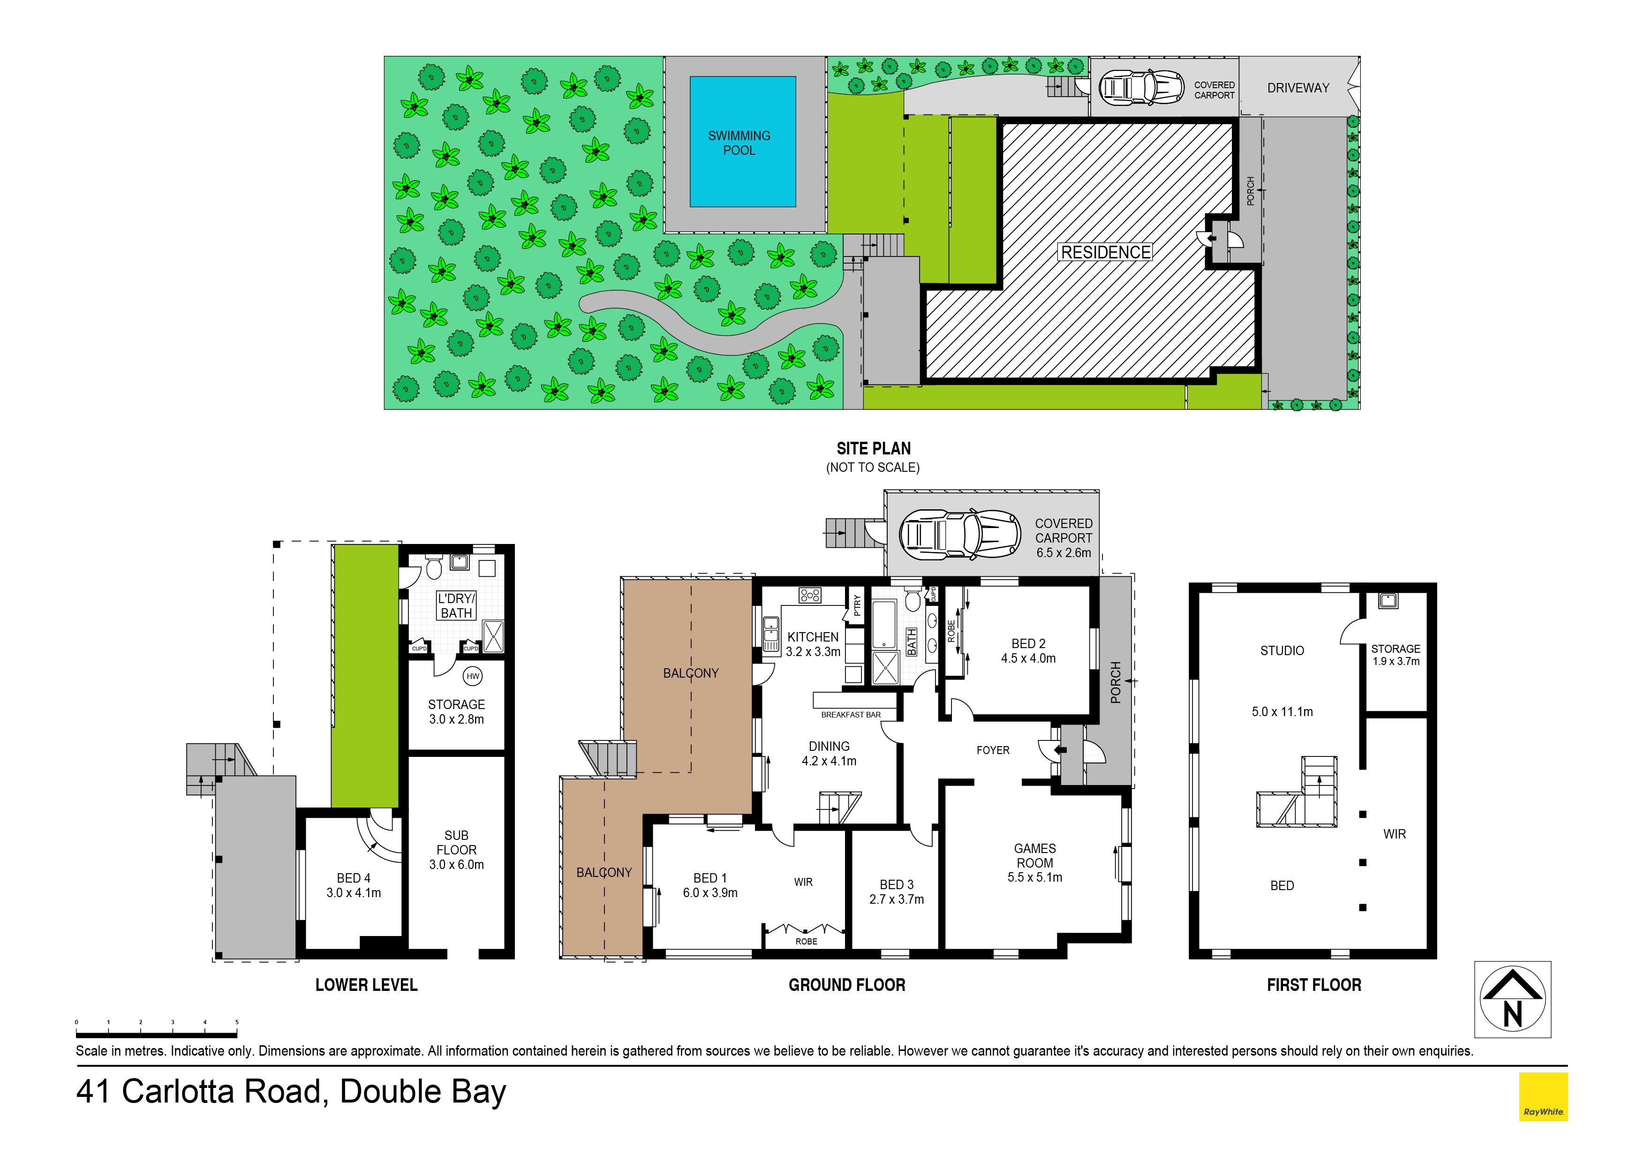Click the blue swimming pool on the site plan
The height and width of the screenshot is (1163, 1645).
pos(742,143)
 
